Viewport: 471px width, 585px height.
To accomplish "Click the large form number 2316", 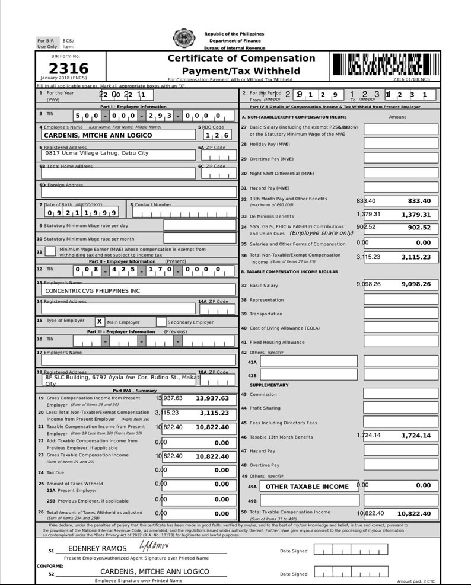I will (x=68, y=69).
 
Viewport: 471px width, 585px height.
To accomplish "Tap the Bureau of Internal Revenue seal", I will (x=183, y=40).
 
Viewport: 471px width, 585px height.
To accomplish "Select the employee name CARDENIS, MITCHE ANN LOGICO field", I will (x=98, y=135).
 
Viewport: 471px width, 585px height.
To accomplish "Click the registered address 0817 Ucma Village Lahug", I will (x=97, y=153).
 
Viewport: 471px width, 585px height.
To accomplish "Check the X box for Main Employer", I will (x=100, y=322).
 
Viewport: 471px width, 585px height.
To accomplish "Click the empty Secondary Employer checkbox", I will (x=161, y=322).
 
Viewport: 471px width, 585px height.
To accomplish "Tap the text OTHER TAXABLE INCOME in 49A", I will (x=307, y=487).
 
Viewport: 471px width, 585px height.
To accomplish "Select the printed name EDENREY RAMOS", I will (x=98, y=549).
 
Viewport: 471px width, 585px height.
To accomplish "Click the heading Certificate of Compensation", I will (x=241, y=58).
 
